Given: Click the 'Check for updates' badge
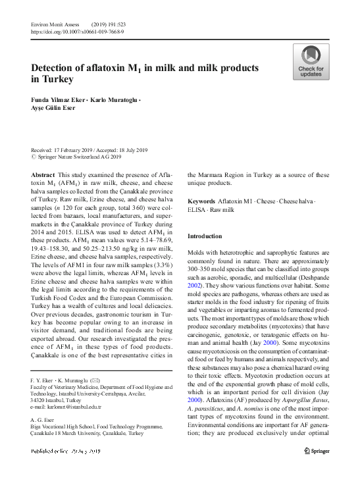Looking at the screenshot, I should [x=311, y=63].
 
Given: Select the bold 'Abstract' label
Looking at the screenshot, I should [x=43, y=174].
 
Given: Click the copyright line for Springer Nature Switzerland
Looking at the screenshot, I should [x=79, y=157].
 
